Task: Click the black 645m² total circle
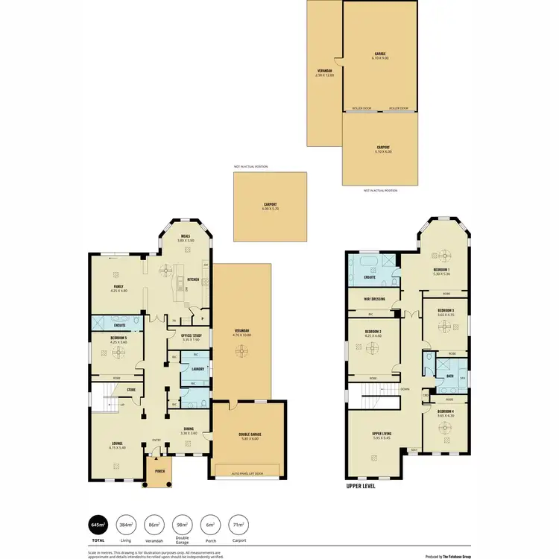(98, 525)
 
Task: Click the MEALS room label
(186, 238)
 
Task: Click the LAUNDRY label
(198, 368)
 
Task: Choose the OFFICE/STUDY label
(192, 336)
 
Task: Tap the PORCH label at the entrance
(160, 471)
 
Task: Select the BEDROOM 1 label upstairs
(441, 271)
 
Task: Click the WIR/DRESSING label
(372, 300)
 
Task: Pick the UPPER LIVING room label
(382, 435)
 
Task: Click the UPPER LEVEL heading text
(361, 485)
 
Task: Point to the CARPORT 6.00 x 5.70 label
(270, 206)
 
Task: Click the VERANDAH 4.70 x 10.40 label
(241, 332)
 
